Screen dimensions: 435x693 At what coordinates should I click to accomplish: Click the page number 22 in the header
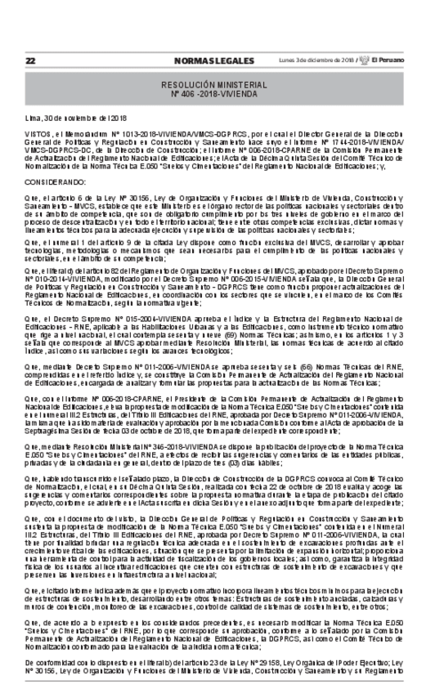point(30,60)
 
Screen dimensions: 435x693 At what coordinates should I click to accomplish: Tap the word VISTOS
point(39,137)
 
